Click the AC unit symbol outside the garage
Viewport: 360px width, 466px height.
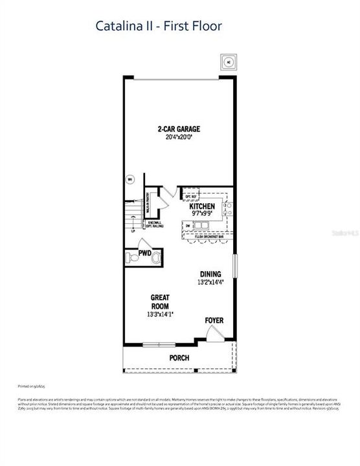(228, 62)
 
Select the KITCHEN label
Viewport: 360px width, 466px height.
(202, 208)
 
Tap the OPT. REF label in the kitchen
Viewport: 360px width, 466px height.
(191, 196)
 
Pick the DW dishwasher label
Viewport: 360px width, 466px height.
(188, 225)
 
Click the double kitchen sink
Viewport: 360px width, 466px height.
(202, 225)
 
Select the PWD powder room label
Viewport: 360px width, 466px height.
(144, 252)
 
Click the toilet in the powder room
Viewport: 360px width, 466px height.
(133, 258)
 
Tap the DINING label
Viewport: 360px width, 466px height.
(210, 274)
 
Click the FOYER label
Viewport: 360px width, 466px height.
(214, 320)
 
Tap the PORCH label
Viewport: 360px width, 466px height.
(179, 357)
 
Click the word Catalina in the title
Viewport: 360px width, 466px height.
(117, 26)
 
